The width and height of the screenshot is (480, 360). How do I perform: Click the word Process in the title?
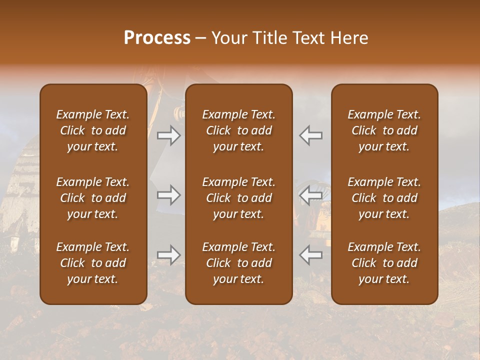(157, 38)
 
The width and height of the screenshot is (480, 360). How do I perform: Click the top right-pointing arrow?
(168, 135)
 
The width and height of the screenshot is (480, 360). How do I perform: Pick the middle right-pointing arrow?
(168, 195)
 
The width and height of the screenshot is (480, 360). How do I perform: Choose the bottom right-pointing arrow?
(168, 255)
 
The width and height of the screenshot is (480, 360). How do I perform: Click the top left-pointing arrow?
(310, 135)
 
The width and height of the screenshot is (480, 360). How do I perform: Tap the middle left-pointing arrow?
(310, 195)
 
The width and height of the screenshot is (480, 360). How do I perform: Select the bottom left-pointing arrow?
(310, 255)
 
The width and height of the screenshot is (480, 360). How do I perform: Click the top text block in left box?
(93, 130)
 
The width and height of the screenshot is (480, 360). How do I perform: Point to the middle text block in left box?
(93, 198)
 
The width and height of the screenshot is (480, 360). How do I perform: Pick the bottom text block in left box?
(93, 263)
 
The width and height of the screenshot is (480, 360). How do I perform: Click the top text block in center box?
(239, 130)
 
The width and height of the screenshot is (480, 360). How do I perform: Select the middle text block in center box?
(239, 198)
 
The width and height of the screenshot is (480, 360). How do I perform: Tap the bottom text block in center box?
(239, 263)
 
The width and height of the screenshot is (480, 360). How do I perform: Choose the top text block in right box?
(384, 130)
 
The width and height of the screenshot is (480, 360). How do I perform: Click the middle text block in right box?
(384, 198)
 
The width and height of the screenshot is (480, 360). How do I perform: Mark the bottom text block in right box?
(384, 263)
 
